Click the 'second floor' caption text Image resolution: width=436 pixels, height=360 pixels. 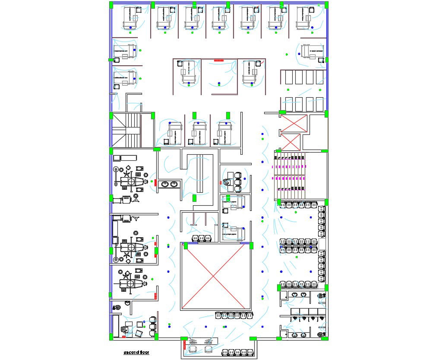point(136,353)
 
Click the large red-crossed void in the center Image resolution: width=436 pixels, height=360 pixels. point(216,277)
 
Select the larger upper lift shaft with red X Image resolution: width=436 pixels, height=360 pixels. point(294,123)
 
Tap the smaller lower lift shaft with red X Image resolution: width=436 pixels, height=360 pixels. point(290,142)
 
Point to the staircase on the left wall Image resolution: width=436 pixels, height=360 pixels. point(126,130)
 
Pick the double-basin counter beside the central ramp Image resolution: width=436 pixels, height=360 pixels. point(169,185)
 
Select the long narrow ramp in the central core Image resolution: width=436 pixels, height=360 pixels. point(200,173)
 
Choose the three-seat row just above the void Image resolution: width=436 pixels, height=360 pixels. point(201,238)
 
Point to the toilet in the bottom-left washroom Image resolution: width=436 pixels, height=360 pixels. point(117,308)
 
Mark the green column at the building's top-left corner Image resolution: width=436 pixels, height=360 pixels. point(111,5)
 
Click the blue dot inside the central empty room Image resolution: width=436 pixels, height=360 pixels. point(219,83)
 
